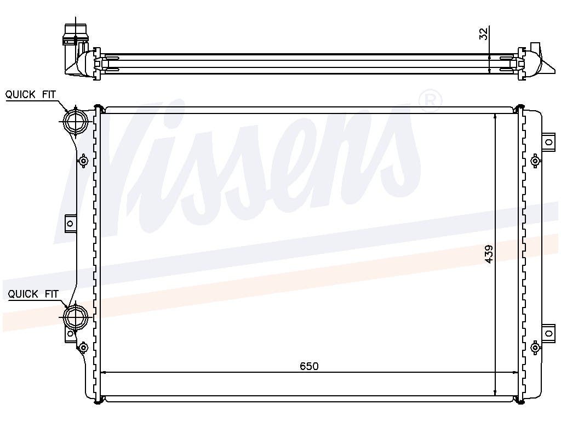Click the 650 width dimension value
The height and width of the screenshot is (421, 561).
pos(309,366)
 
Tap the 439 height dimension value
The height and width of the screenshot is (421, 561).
pos(489,254)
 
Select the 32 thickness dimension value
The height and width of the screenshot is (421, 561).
pos(483,34)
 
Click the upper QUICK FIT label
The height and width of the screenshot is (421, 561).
pos(31,94)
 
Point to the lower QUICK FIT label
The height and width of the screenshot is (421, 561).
pos(33,294)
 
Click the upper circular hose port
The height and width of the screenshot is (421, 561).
pos(75,121)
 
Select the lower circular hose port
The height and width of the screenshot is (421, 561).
pos(75,316)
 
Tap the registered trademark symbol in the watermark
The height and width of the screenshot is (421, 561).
pos(430,101)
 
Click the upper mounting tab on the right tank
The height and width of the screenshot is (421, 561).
pos(548,142)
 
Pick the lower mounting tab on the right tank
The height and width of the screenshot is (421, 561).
pos(548,333)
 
